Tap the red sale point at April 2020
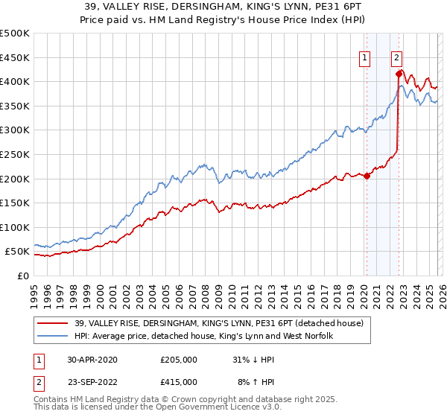[x=367, y=176]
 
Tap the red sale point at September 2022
[x=399, y=74]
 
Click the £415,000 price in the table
[x=178, y=382]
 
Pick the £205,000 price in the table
[x=178, y=360]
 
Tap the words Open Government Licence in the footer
[x=180, y=410]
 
